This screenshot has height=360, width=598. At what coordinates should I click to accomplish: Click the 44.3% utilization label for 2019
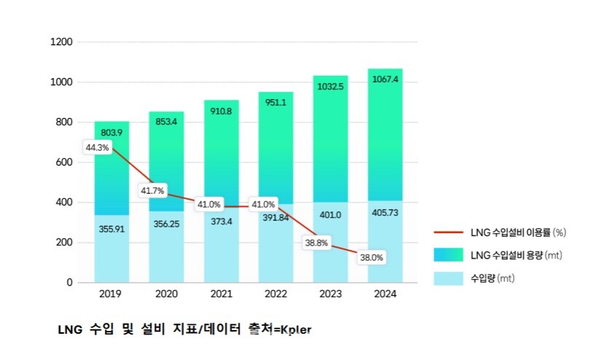97,147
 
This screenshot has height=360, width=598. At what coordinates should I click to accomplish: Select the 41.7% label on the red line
153,191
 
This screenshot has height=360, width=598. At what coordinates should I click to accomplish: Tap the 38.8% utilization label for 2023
317,243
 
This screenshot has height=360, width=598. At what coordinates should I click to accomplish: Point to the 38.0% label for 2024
371,257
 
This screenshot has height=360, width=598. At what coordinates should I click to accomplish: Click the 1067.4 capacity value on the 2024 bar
385,79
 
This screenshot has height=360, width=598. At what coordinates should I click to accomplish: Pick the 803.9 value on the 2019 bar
111,133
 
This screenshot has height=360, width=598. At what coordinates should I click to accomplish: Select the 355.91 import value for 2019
111,228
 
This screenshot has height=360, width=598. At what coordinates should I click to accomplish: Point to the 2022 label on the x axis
275,294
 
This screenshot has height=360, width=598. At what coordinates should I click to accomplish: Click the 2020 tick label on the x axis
166,294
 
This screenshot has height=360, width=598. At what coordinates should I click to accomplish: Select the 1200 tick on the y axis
61,42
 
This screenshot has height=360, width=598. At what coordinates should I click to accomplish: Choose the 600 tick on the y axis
64,163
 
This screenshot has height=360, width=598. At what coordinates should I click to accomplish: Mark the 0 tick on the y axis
70,282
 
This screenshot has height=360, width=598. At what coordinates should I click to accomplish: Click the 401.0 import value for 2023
330,214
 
